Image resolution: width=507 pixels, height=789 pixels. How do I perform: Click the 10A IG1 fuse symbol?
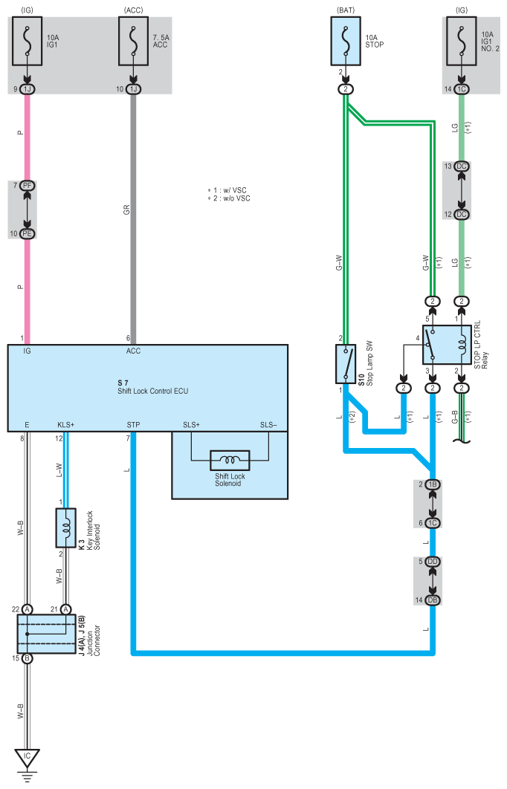pyautogui.click(x=28, y=42)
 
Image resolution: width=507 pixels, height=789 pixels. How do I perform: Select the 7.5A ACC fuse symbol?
pyautogui.click(x=133, y=42)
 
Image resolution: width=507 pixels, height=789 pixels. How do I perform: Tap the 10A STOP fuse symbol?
pyautogui.click(x=346, y=42)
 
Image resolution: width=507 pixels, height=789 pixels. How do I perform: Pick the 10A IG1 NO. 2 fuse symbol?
pyautogui.click(x=461, y=42)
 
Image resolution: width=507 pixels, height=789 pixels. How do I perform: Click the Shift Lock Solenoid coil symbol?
pyautogui.click(x=230, y=460)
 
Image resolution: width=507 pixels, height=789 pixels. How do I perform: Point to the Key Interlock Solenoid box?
pyautogui.click(x=66, y=527)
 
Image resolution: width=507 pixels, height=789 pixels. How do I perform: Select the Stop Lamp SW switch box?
pyautogui.click(x=346, y=363)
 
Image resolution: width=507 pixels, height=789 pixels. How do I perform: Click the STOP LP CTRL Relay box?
pyautogui.click(x=447, y=344)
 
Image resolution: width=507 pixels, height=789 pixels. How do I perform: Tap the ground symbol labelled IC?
pyautogui.click(x=28, y=759)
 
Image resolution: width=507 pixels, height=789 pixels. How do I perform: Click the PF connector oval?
pyautogui.click(x=28, y=186)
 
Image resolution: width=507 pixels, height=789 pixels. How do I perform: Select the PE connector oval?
pyautogui.click(x=28, y=233)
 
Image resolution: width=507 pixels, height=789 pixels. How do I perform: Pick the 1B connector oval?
pyautogui.click(x=433, y=484)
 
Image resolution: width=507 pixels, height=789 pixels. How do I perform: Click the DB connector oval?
pyautogui.click(x=433, y=600)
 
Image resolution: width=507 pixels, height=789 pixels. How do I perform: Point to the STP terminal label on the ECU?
pyautogui.click(x=133, y=425)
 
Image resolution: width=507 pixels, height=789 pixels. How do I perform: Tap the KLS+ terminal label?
pyautogui.click(x=66, y=425)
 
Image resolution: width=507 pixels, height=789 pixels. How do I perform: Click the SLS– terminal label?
pyautogui.click(x=268, y=425)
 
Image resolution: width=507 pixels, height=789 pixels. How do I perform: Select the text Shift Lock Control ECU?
pyautogui.click(x=153, y=391)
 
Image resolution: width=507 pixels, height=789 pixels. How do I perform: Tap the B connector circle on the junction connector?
pyautogui.click(x=28, y=658)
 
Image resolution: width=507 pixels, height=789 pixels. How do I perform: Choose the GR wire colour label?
pyautogui.click(x=126, y=210)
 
